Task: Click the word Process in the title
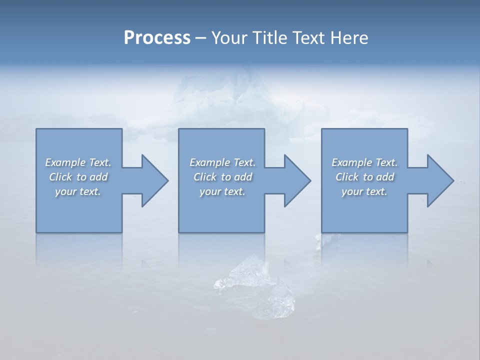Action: (157, 38)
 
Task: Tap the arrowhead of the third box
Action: (439, 180)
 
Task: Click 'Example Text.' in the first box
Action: (78, 162)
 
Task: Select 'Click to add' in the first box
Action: (78, 177)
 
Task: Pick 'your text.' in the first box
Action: (78, 191)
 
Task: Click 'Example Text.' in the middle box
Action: (222, 162)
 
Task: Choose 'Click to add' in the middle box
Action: (222, 177)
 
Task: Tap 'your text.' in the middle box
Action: (222, 191)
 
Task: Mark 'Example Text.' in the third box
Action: (364, 162)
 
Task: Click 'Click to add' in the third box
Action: (364, 177)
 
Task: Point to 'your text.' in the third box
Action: (364, 191)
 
